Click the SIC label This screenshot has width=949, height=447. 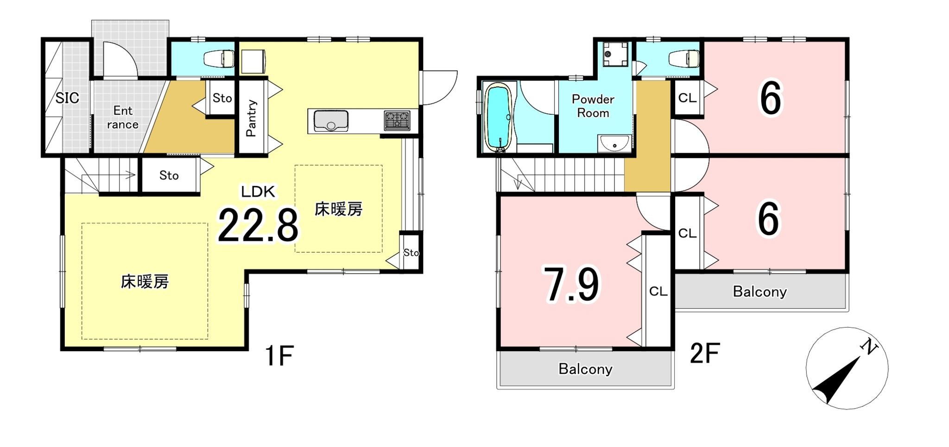[67, 98]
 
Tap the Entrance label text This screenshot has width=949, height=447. [123, 118]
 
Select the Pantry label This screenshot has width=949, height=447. [251, 118]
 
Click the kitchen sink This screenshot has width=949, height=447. [331, 121]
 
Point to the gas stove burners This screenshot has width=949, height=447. [397, 120]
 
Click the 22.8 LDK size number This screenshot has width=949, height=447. [258, 226]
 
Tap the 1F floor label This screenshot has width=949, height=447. [279, 355]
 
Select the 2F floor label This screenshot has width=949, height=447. [704, 354]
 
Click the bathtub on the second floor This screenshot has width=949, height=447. [498, 117]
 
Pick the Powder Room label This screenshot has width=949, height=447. [593, 106]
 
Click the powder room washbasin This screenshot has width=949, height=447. [614, 143]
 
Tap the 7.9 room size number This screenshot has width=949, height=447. [571, 285]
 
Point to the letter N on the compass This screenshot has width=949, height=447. [868, 347]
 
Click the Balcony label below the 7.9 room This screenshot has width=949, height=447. [585, 369]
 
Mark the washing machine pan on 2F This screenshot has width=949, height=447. [616, 54]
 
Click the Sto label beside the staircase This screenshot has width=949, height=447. [169, 175]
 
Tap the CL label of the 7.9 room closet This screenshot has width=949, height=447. [658, 292]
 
